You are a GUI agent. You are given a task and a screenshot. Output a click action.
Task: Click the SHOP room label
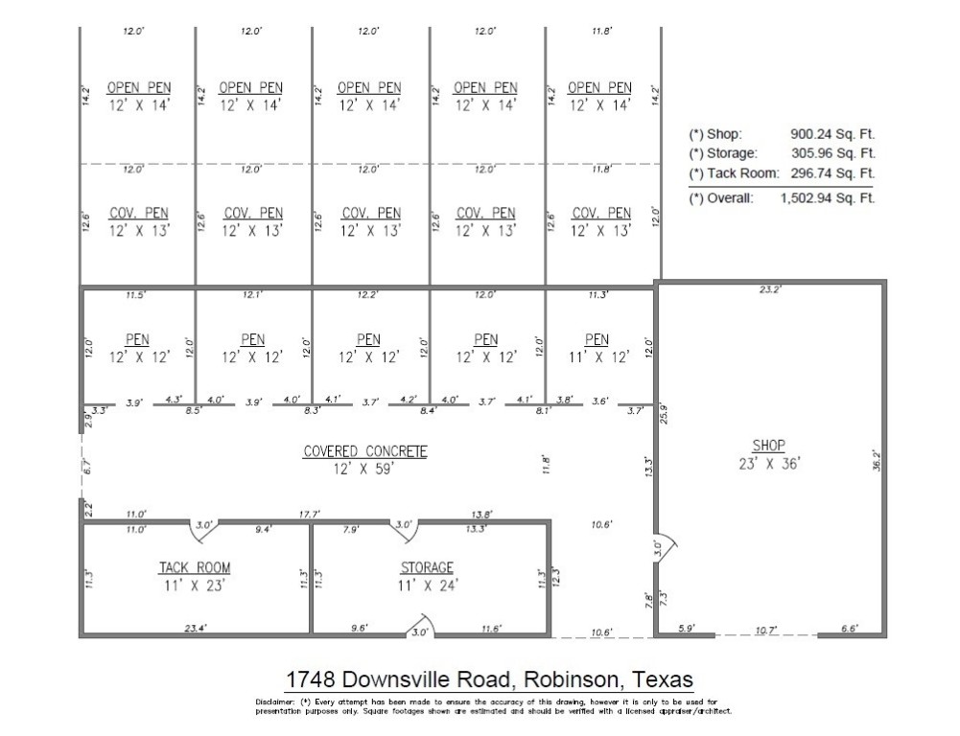point(768,446)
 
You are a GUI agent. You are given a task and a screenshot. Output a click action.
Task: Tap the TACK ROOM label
point(194,568)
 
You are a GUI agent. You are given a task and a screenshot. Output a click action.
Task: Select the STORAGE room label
point(427,568)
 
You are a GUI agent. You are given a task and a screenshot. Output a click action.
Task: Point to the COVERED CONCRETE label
point(365,451)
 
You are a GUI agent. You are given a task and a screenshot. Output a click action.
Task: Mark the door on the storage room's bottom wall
point(421,629)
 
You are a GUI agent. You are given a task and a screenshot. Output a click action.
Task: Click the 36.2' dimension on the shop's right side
point(875,460)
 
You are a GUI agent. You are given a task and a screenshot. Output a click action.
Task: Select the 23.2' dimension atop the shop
point(769,288)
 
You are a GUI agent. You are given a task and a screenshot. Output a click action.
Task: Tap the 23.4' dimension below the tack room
point(196,629)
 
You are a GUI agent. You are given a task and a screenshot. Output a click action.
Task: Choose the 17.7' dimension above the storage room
point(308,515)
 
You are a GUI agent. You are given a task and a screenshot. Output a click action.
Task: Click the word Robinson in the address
point(565,680)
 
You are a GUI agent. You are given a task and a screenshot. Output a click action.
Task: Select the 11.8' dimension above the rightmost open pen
point(601,32)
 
